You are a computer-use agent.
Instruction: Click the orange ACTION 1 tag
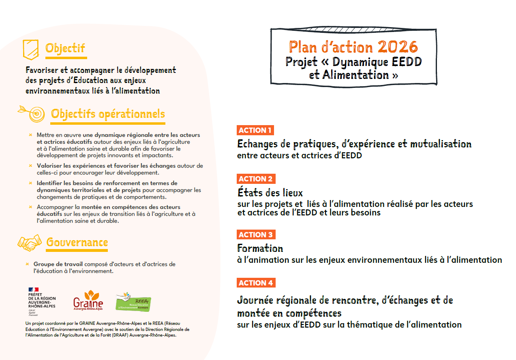point(255,130)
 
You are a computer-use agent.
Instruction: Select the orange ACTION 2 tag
point(256,179)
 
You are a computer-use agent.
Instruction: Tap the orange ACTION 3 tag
point(256,235)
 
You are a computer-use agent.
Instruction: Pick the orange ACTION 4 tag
point(256,283)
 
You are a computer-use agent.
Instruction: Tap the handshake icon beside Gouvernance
point(30,243)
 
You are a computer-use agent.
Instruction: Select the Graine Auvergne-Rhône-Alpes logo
point(88,300)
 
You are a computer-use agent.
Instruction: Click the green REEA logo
point(133,302)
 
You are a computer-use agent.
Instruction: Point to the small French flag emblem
point(33,290)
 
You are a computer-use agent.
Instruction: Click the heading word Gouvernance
point(77,243)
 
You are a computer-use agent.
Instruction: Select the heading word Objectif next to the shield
point(65,48)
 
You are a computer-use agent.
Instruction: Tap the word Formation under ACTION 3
point(260,248)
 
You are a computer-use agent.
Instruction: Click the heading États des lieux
point(270,192)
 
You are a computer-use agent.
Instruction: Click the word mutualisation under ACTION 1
point(441,144)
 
